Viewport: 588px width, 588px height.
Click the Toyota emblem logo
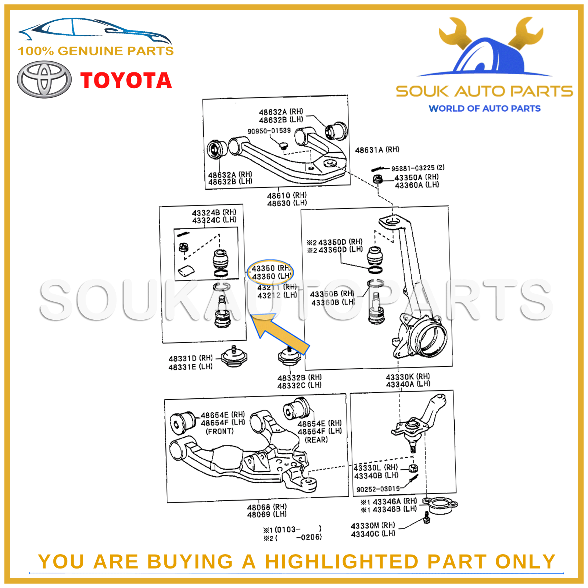44,79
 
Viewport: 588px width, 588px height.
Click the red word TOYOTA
126,80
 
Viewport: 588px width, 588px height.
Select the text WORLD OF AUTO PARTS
484,108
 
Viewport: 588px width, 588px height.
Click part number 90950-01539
269,131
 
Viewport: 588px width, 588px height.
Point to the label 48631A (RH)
377,150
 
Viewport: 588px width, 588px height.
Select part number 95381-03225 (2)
417,168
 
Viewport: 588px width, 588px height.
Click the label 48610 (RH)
287,195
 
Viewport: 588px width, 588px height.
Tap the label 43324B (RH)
214,212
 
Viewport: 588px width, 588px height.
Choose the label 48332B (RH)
299,377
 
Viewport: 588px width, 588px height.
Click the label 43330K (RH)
408,377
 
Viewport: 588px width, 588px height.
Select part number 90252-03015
378,489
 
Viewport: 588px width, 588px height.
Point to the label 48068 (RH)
267,507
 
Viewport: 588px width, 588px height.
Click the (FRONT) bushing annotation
219,431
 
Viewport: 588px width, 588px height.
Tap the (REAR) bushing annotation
316,440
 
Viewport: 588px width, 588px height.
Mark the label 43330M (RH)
373,526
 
